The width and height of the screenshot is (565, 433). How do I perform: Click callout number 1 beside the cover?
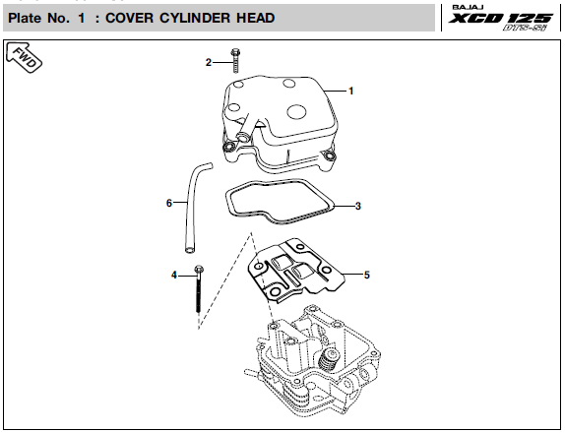click(x=351, y=92)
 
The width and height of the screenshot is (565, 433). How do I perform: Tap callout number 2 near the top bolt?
click(x=209, y=63)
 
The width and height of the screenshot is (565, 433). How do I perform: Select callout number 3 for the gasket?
click(x=358, y=206)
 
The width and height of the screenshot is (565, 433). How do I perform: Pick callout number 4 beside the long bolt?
click(x=174, y=276)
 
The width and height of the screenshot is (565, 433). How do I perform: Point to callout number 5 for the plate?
click(x=367, y=276)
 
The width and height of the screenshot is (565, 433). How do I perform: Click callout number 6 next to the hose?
click(x=169, y=203)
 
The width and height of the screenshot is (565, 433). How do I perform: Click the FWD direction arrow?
click(x=25, y=58)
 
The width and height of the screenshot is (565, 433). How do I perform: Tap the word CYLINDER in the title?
click(x=195, y=18)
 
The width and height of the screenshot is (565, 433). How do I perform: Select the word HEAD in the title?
click(x=256, y=18)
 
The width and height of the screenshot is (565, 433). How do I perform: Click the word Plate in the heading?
click(x=25, y=18)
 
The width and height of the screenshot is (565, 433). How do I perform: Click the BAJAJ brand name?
click(x=469, y=8)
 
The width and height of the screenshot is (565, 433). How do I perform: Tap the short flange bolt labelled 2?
click(x=235, y=61)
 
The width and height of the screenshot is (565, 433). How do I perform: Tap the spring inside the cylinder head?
click(x=327, y=361)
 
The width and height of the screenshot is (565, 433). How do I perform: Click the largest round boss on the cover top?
click(x=297, y=111)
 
